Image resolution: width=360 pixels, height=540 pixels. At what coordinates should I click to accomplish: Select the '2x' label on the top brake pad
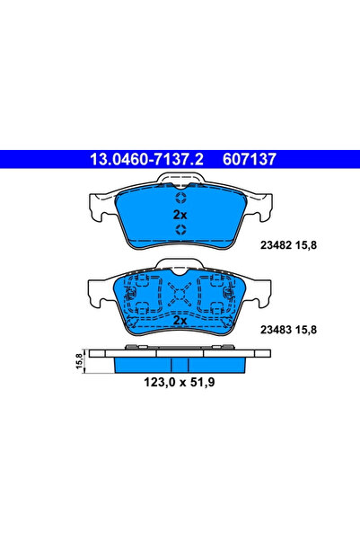180,216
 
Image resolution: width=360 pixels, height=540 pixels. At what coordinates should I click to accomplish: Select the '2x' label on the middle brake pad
180,320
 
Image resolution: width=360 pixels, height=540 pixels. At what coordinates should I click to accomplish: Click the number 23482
273,243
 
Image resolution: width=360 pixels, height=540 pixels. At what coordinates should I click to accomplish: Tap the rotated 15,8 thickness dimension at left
80,361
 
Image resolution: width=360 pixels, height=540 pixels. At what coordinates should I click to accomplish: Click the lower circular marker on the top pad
180,233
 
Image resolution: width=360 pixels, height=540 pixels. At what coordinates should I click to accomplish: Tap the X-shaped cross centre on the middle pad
180,291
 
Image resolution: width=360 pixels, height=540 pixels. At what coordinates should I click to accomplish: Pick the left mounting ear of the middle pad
98,289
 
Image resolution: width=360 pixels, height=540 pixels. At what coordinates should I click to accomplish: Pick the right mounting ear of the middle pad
262,289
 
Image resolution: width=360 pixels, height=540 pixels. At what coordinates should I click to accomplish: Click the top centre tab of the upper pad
180,183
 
